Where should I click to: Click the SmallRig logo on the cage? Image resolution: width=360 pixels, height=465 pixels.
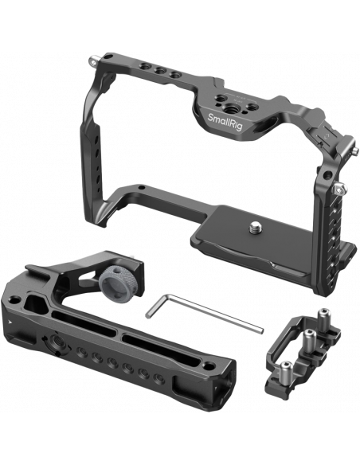(x=225, y=122)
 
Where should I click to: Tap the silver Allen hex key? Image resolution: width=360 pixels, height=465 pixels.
(x=204, y=312)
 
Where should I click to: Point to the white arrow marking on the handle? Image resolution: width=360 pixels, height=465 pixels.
(x=10, y=322)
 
